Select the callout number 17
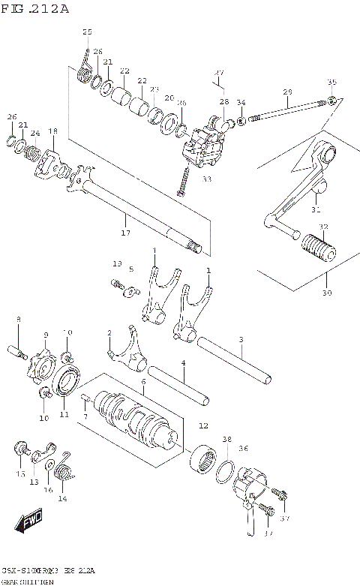tap(126, 233)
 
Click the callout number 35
tap(331, 82)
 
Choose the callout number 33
tap(207, 179)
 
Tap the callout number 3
tap(241, 340)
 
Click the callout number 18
tap(52, 131)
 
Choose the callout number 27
tap(218, 73)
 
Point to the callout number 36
tap(243, 448)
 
